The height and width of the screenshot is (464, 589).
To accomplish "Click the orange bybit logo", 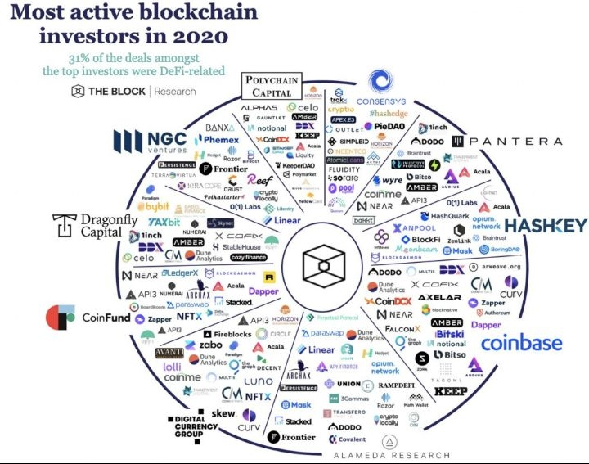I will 153,206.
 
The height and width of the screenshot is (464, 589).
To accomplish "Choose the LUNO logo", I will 258,381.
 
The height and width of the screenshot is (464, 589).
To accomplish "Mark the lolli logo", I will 172,367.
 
